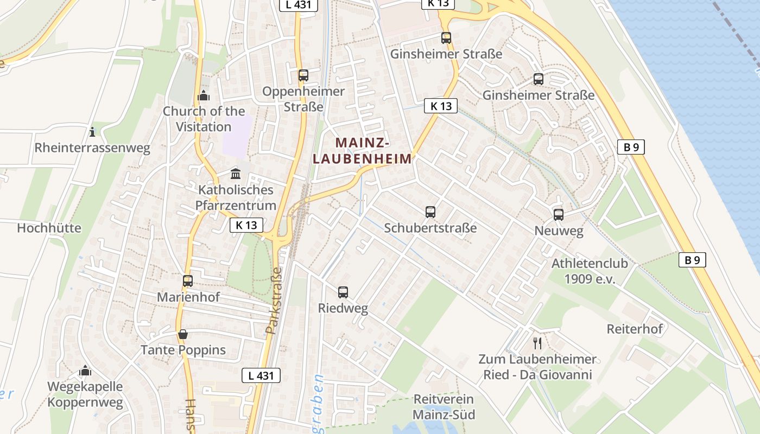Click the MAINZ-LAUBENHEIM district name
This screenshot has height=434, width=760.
(362, 151)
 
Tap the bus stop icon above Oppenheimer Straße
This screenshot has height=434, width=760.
(303, 75)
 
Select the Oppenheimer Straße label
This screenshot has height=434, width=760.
(303, 99)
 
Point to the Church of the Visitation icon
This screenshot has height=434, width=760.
(204, 96)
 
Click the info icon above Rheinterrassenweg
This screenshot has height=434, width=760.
(92, 132)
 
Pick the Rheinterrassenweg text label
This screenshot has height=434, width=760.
(92, 148)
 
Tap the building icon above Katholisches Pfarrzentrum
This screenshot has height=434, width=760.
(236, 174)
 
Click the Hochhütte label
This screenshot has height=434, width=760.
(49, 228)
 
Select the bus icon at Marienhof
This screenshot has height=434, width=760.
(188, 281)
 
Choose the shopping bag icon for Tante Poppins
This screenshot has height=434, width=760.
(183, 334)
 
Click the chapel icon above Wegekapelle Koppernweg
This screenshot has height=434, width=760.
(85, 371)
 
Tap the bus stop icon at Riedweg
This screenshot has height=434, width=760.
(343, 292)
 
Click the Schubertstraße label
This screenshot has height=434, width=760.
(430, 228)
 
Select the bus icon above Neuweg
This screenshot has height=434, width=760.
(559, 214)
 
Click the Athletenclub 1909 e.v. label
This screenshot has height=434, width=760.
(590, 271)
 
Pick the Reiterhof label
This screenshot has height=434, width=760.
(635, 329)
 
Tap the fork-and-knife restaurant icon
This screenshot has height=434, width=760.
(537, 343)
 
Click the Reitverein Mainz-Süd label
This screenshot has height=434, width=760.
(444, 407)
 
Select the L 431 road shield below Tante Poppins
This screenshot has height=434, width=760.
(261, 375)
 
